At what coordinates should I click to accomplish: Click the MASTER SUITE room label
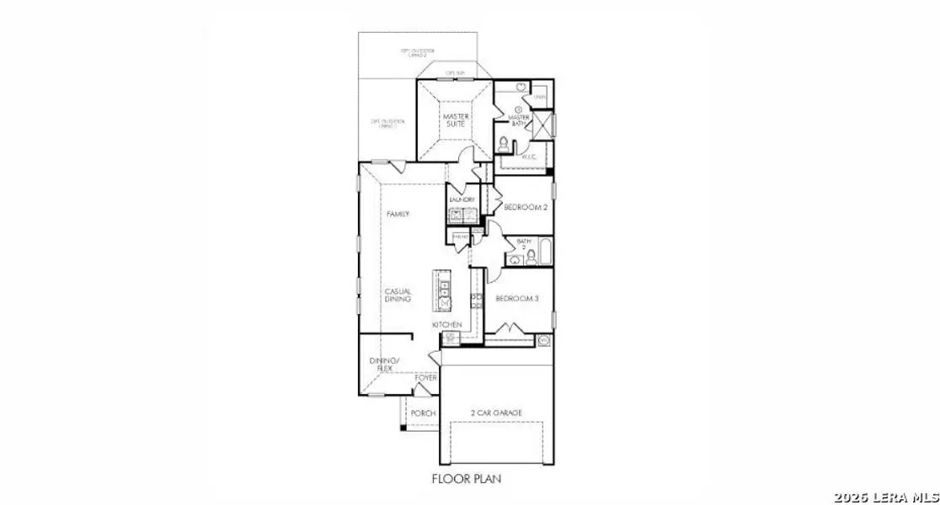point(455,120)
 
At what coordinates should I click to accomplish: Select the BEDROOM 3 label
point(515,299)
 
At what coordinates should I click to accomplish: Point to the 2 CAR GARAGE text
point(496,412)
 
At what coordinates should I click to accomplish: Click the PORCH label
point(422,413)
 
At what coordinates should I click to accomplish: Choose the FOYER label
point(426,379)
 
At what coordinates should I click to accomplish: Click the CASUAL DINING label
point(398,295)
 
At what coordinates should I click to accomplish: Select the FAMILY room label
point(398,215)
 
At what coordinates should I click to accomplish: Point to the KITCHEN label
point(446,324)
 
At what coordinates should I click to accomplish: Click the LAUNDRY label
point(462,199)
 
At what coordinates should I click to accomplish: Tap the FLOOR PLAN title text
point(467,479)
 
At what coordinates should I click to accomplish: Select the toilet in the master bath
point(504,145)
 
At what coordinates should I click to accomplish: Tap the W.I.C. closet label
point(529,157)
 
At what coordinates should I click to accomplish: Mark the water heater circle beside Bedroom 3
point(543,340)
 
